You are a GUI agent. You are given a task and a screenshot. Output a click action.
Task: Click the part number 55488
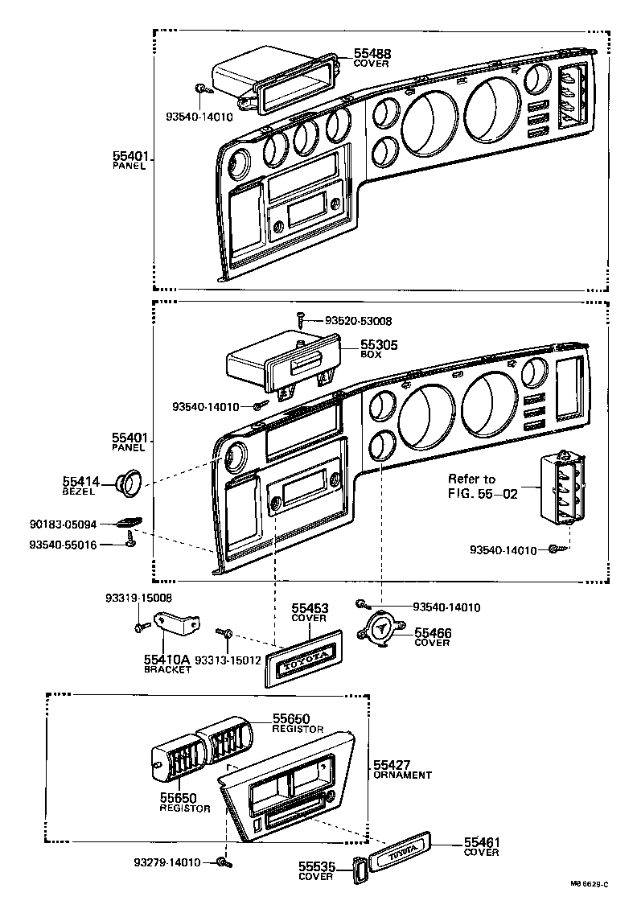tap(372, 54)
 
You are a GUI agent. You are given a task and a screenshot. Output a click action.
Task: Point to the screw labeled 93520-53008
tap(300, 319)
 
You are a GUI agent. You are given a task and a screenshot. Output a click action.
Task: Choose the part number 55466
tap(433, 634)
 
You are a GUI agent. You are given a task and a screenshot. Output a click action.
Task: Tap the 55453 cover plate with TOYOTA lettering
tap(303, 656)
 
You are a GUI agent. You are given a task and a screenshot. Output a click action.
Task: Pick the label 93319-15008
tap(138, 598)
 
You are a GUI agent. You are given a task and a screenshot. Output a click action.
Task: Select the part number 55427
tap(393, 764)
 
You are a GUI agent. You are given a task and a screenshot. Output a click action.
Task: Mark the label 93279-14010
tap(167, 863)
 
